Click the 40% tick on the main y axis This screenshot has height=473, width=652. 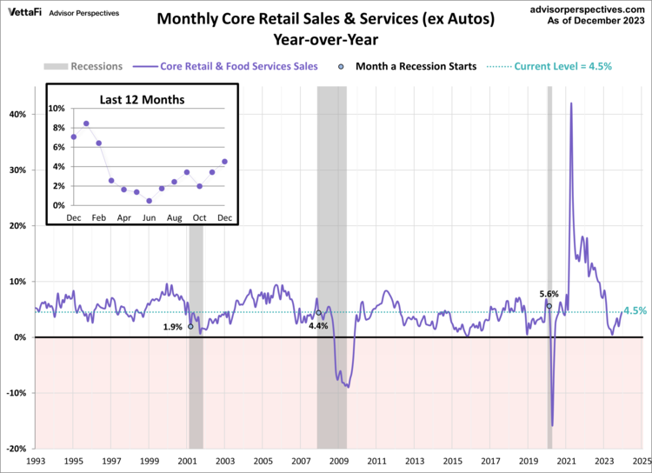coord(17,114)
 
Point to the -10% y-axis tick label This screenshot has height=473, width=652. coord(15,393)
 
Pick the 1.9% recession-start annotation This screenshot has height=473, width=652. coord(172,328)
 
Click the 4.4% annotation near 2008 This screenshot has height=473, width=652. coord(318,326)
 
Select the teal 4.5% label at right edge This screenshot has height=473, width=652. coord(635,310)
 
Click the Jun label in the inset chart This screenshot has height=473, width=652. coord(150,217)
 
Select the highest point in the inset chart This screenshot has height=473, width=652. coord(86,123)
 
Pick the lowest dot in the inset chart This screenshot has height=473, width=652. coord(150,201)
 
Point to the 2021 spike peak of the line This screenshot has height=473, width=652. coord(571,103)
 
